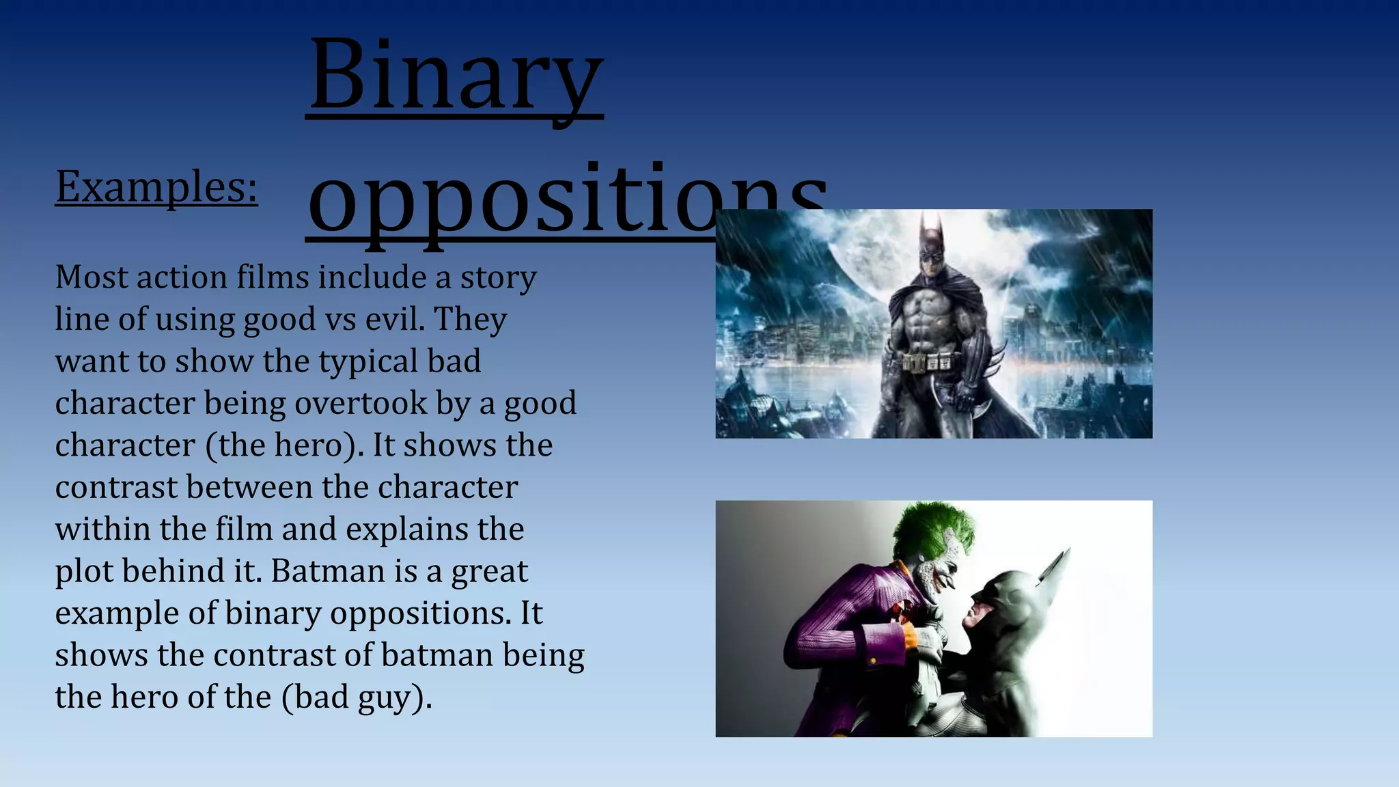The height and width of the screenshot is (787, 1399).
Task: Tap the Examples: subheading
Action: point(156,186)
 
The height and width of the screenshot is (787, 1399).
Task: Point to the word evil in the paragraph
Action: point(394,319)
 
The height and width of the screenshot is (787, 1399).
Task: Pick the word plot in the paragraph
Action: point(83,571)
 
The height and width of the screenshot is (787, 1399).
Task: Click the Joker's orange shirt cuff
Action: point(911,635)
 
